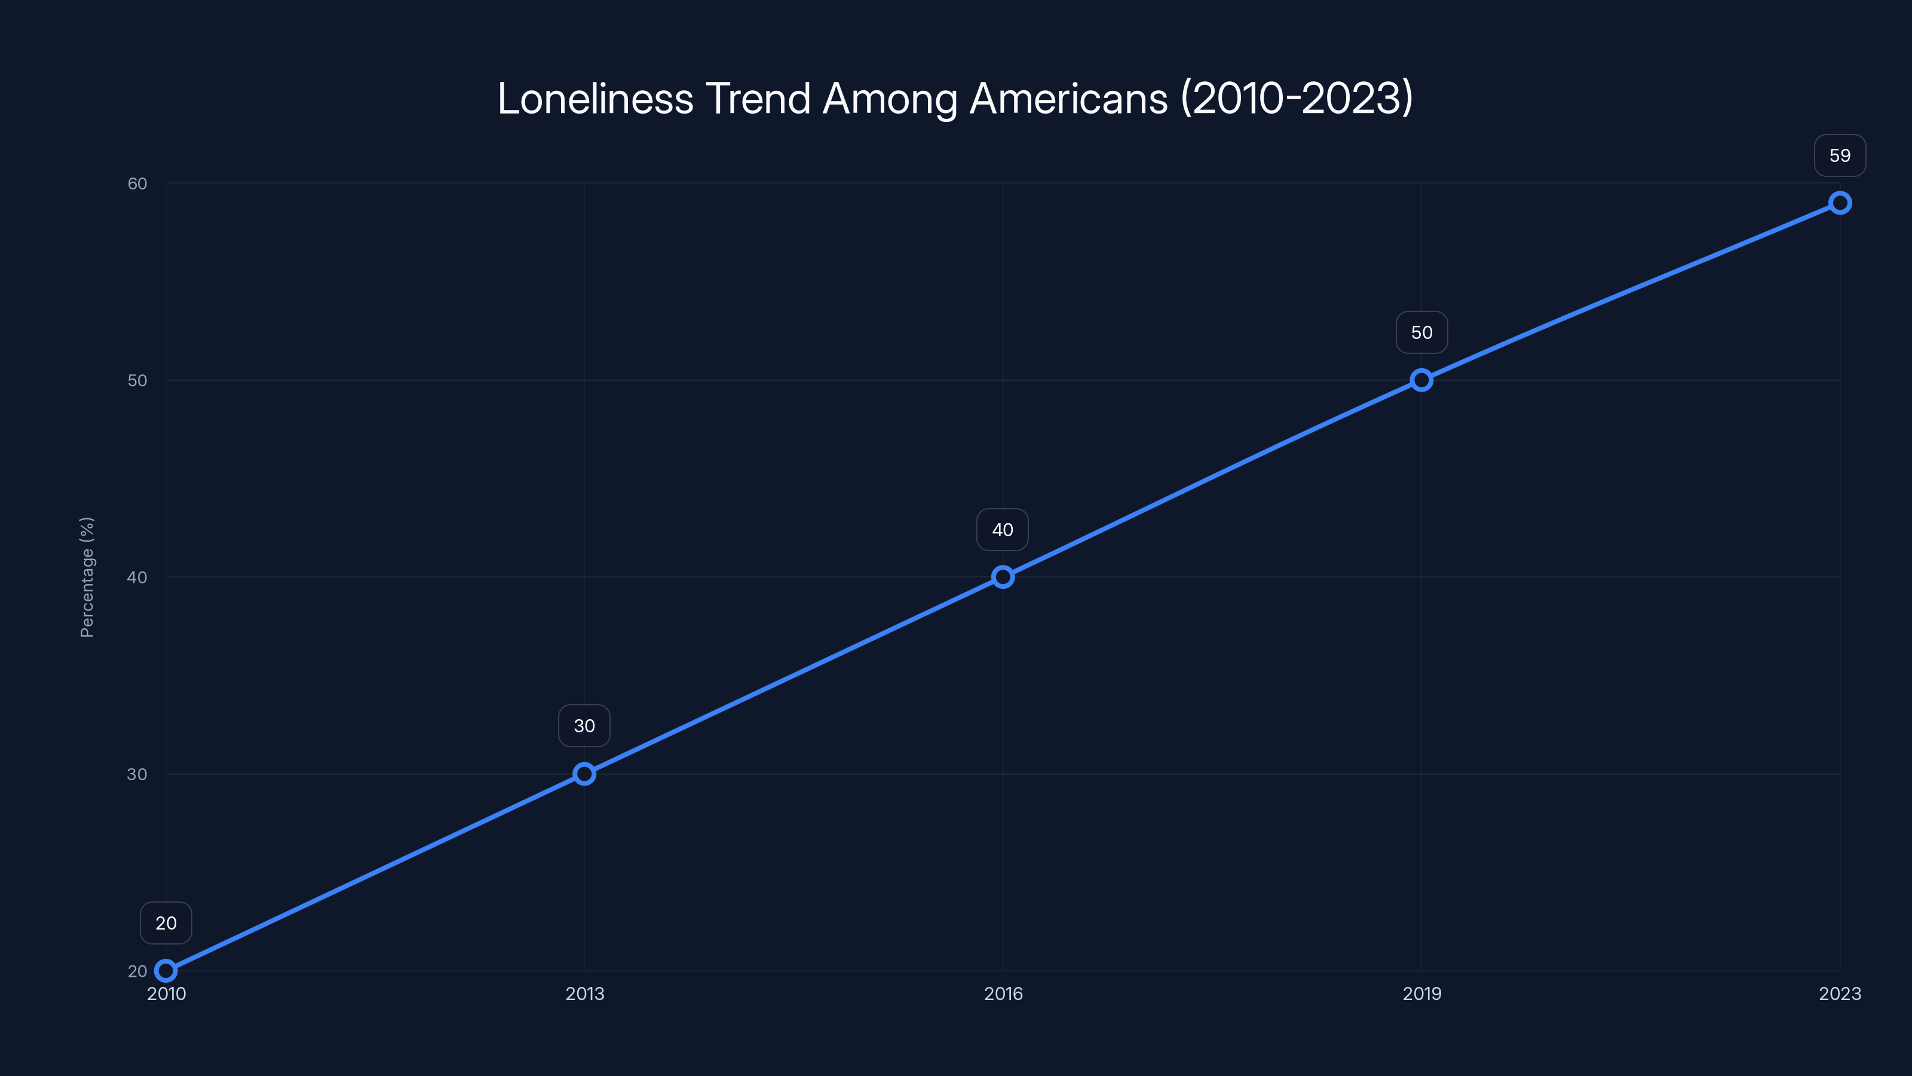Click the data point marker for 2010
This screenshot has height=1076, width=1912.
(166, 971)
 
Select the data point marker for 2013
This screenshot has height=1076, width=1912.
(584, 774)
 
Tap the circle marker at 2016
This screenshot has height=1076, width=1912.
(1003, 577)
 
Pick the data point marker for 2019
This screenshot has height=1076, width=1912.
(1421, 380)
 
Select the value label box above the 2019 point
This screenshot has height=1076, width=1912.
(1421, 333)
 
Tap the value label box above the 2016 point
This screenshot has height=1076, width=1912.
(1003, 530)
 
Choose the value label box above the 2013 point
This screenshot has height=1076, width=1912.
(584, 726)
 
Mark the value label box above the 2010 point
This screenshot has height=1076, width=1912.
(166, 923)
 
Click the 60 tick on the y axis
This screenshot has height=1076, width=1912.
(137, 184)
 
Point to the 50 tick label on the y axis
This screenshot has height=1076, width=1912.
(137, 380)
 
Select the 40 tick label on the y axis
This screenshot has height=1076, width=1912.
(137, 577)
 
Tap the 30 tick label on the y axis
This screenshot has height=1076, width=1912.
(137, 774)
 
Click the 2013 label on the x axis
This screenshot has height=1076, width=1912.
(585, 994)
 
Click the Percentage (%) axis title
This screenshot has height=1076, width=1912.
(87, 577)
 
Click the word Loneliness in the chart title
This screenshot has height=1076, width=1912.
(595, 99)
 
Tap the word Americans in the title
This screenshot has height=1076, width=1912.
(1069, 99)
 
